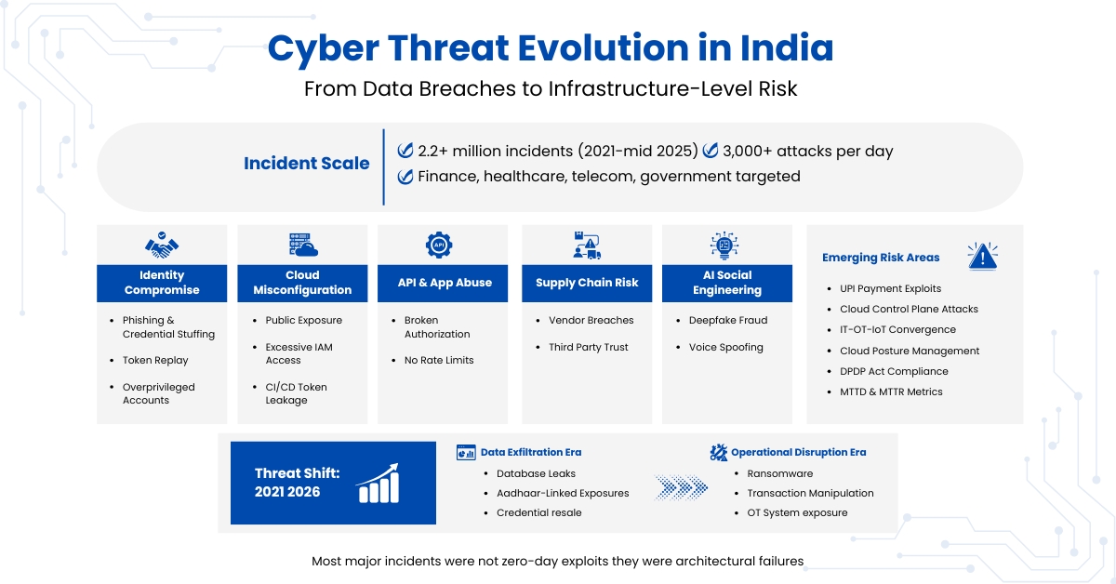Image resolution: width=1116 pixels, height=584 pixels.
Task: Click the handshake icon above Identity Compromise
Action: click(162, 246)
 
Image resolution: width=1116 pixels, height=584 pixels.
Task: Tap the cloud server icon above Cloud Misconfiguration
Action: click(302, 246)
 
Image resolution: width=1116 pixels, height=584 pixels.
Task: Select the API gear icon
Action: click(439, 246)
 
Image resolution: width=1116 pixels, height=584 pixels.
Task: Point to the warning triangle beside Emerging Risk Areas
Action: click(982, 257)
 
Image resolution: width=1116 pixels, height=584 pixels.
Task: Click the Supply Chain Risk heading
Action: click(586, 283)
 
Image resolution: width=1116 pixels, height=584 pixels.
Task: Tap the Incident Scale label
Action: click(306, 164)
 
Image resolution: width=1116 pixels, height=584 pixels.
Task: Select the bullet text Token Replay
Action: click(155, 361)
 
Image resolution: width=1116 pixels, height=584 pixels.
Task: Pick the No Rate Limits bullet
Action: click(439, 361)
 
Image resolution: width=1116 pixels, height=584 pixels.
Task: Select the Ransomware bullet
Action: click(779, 473)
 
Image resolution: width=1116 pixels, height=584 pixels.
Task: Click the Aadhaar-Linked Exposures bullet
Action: click(563, 493)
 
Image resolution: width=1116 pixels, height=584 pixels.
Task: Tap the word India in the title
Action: click(785, 48)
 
